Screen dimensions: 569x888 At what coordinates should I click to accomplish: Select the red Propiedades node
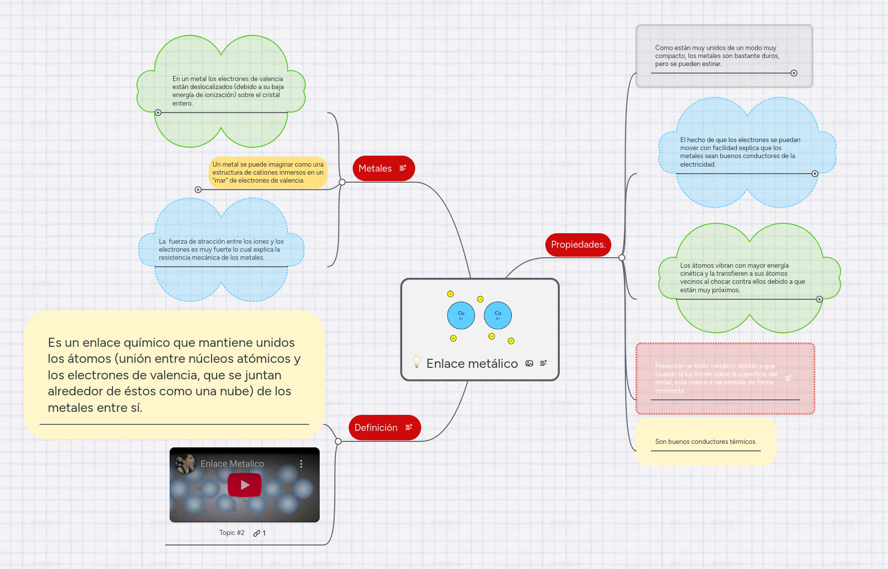[578, 245]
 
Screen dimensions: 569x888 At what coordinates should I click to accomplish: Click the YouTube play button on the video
[245, 485]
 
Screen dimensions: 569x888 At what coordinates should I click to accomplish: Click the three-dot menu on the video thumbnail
[301, 464]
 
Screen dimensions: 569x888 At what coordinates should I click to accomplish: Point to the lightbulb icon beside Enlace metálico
[416, 362]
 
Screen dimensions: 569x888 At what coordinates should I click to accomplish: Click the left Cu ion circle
[461, 315]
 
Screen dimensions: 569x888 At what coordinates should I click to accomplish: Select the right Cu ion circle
[498, 315]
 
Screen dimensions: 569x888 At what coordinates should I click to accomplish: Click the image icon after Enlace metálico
[529, 363]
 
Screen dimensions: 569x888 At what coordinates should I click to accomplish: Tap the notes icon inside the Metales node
[403, 168]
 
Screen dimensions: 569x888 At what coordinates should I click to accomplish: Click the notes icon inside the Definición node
[409, 427]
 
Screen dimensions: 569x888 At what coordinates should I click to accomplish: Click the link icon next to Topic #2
[257, 533]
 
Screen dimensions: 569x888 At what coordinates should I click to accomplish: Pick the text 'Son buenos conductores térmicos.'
[705, 442]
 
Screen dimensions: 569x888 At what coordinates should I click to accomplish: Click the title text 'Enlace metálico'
[472, 364]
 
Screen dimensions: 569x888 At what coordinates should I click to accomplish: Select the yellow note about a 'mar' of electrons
[268, 173]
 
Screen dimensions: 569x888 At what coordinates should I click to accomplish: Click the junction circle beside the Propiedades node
[622, 258]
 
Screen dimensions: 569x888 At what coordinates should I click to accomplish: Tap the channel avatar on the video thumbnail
[186, 464]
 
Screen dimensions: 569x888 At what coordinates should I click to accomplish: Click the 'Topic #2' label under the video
[232, 533]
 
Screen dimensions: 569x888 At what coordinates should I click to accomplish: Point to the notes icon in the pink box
[788, 378]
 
